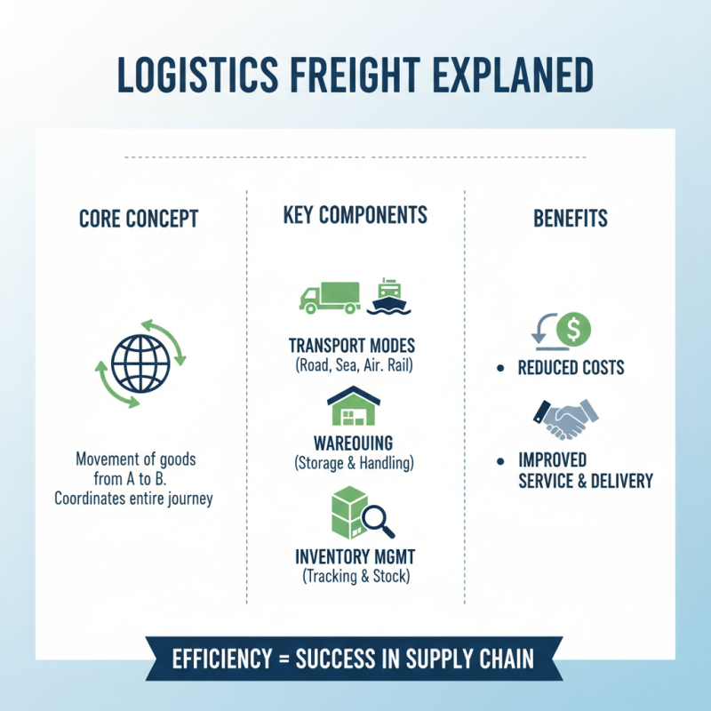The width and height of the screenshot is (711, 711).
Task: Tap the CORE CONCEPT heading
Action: (139, 219)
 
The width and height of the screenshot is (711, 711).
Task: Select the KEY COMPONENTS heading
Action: (355, 215)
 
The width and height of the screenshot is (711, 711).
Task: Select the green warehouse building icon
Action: (354, 407)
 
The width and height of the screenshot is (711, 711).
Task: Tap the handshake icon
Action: (563, 419)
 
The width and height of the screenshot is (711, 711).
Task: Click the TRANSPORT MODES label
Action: (353, 346)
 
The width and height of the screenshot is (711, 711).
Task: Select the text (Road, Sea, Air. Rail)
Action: (353, 363)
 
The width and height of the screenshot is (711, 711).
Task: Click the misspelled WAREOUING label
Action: (353, 444)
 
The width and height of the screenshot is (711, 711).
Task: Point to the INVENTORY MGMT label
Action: (355, 558)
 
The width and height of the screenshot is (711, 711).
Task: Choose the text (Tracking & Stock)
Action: (355, 577)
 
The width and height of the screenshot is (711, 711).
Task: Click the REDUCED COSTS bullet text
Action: (571, 368)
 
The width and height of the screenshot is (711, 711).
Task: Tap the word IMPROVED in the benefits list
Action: (552, 460)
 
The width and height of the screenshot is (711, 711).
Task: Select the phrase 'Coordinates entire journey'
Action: (133, 499)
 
